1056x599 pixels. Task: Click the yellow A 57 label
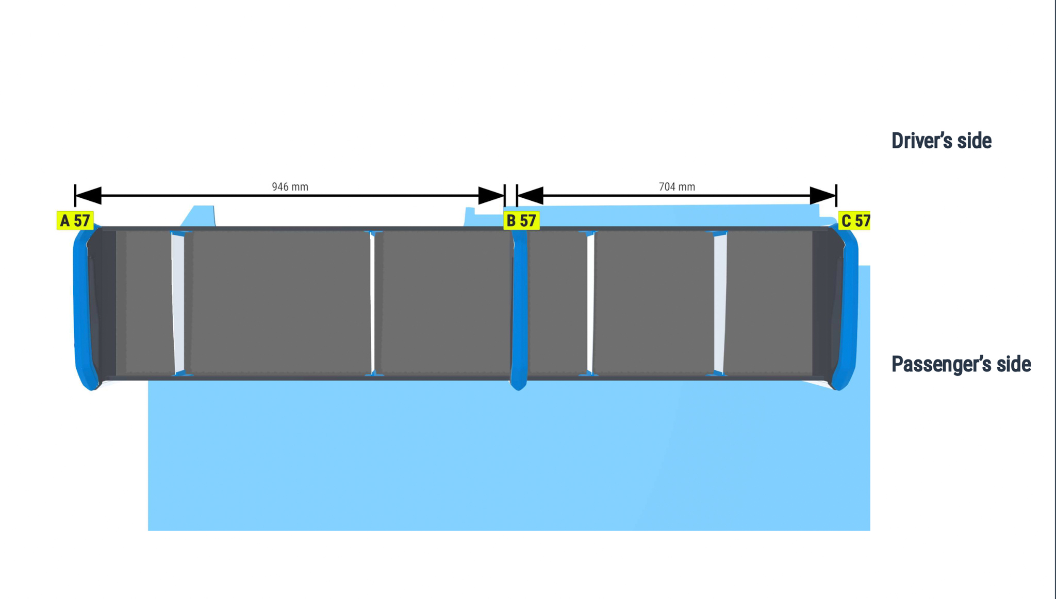(x=75, y=220)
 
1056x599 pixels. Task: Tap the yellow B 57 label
(x=521, y=220)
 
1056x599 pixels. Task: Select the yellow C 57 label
(x=854, y=220)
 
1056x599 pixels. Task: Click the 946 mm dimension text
(x=290, y=186)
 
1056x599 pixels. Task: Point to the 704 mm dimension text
(x=676, y=186)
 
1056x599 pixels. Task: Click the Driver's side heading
(x=941, y=141)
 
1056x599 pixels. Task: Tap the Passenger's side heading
(x=961, y=364)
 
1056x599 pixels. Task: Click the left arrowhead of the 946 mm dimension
(x=88, y=196)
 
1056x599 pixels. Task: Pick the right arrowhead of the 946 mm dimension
(x=491, y=196)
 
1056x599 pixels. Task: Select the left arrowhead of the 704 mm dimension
(x=530, y=196)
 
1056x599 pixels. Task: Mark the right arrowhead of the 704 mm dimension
(x=823, y=196)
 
